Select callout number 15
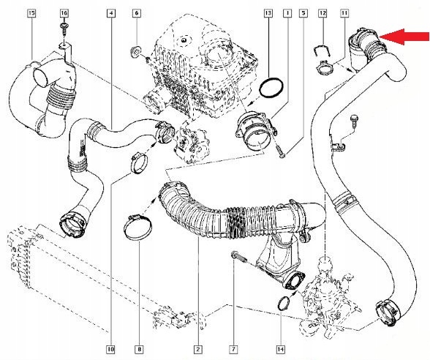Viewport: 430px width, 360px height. [x=31, y=14]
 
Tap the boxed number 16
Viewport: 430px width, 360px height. [x=64, y=14]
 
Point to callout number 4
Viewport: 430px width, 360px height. [x=110, y=14]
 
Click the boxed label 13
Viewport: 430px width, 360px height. [x=268, y=14]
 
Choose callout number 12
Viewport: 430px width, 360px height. [x=323, y=14]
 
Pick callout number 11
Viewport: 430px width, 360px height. [x=344, y=14]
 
